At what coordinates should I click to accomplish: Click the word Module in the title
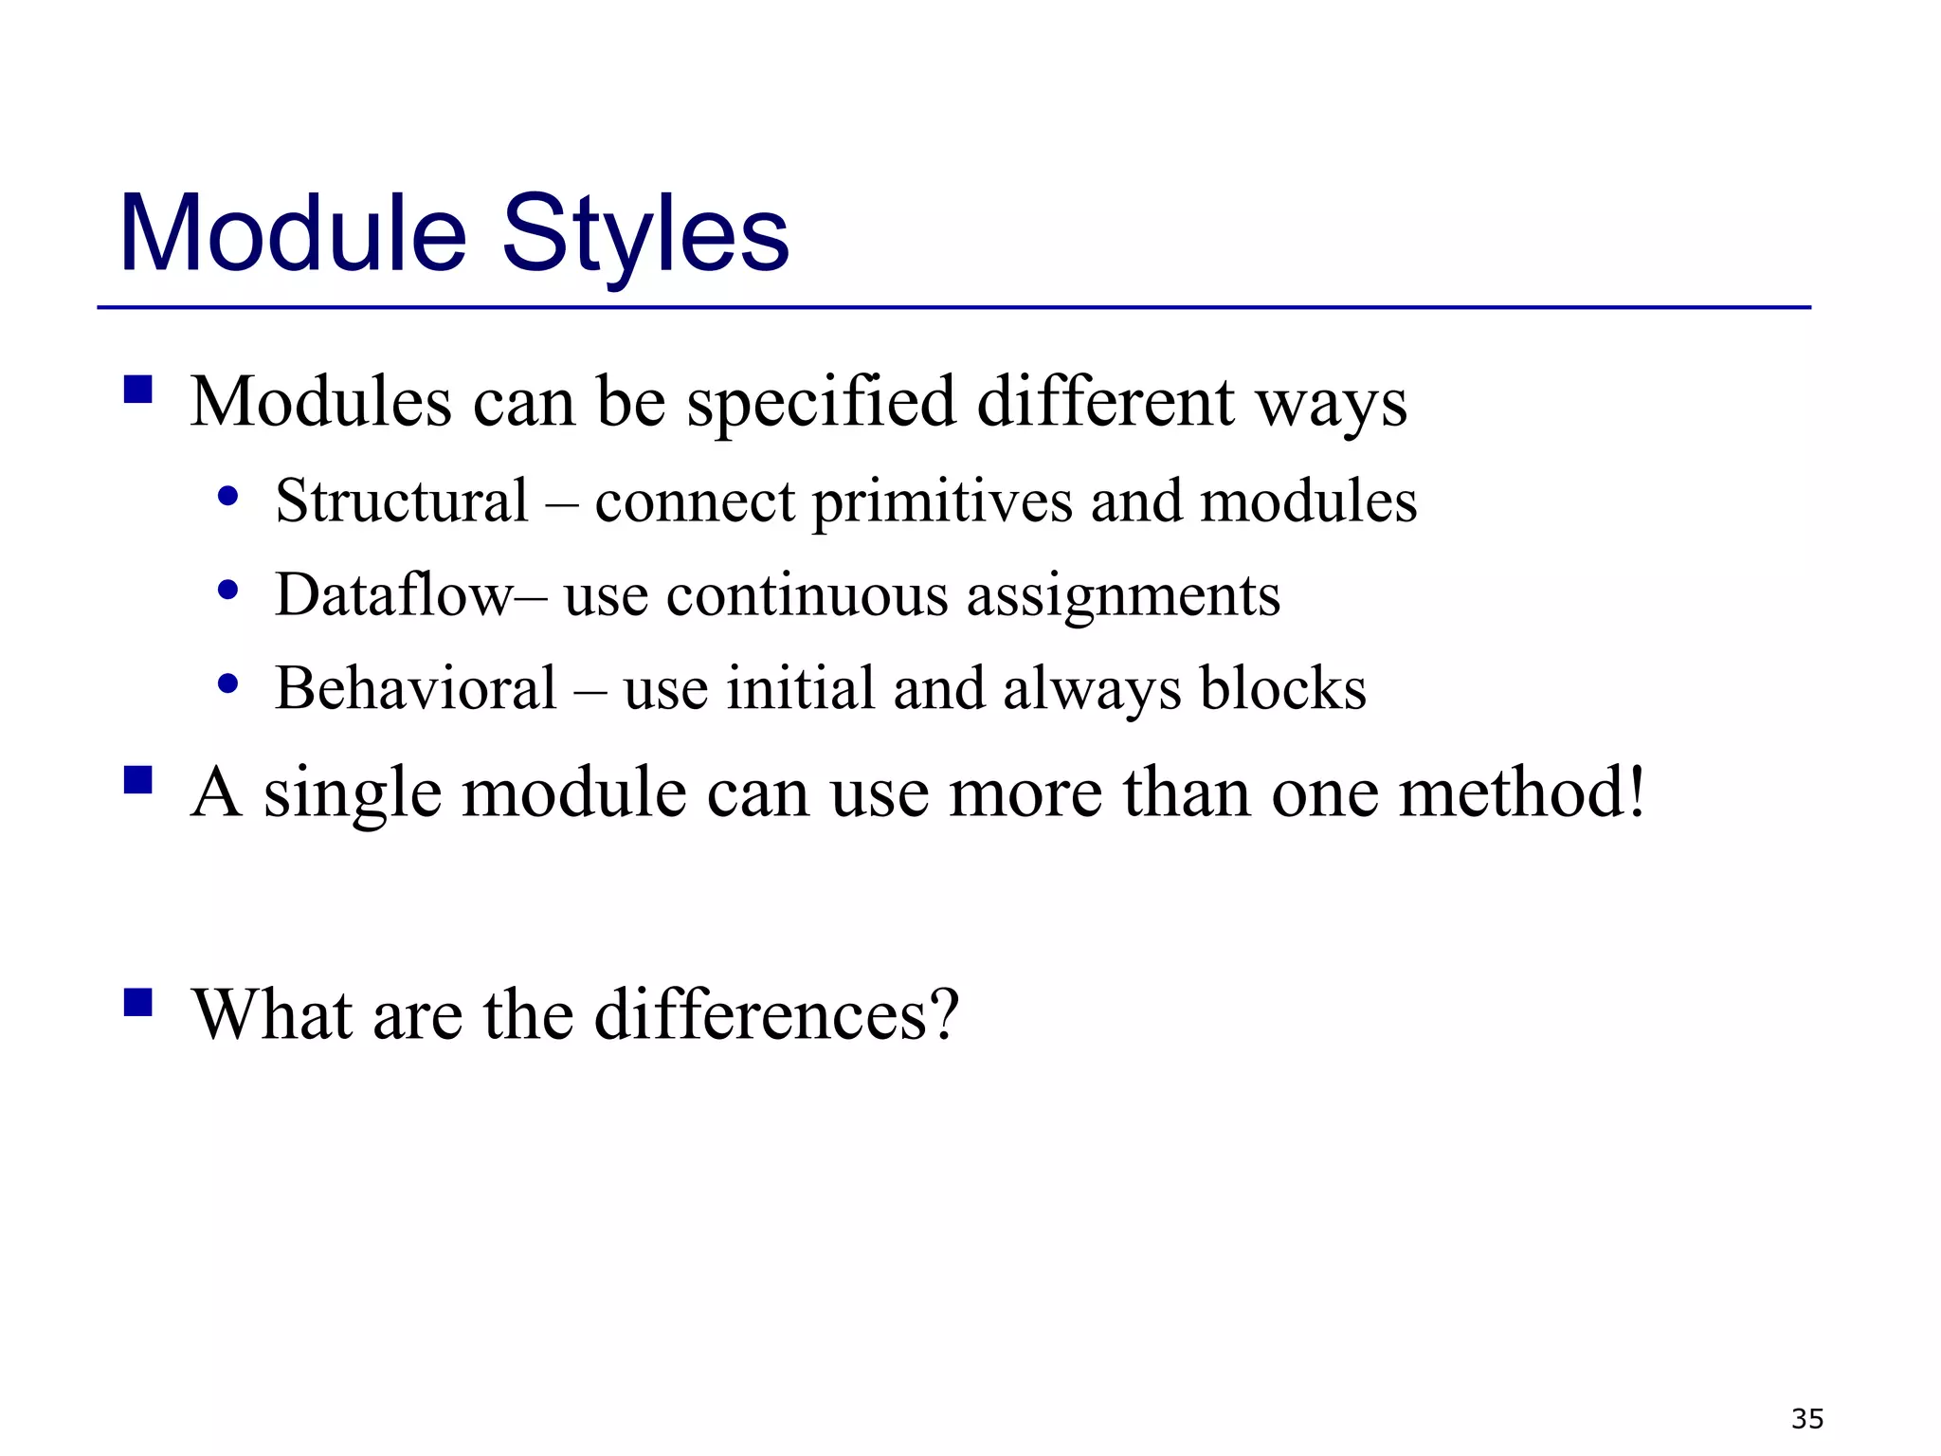pos(293,234)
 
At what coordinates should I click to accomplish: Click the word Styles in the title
pos(645,234)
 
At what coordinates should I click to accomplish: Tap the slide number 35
pos(1807,1418)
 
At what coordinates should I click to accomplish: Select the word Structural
pos(402,500)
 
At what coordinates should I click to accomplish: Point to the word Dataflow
pos(394,594)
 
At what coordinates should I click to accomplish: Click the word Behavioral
pos(416,688)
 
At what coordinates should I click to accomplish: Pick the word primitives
pos(943,502)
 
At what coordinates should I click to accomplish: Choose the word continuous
pos(807,596)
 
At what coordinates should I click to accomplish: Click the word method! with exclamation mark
pos(1523,792)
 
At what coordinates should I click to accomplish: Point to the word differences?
pos(777,1014)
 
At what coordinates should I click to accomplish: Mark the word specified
pos(821,403)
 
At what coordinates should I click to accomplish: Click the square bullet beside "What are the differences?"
pos(138,1002)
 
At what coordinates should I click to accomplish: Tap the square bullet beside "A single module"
pos(138,779)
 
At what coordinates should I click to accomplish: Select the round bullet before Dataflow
pos(227,591)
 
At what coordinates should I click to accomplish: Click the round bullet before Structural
pos(227,496)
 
